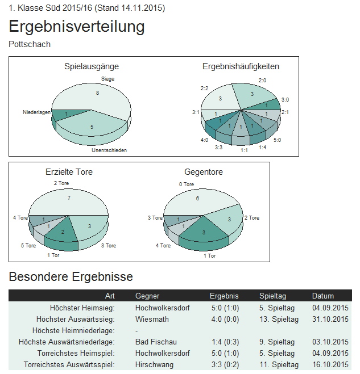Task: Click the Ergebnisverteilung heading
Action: pos(77,27)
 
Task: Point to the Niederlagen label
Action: pos(36,112)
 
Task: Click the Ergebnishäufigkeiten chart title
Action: pos(241,66)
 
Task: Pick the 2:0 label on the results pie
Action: pos(263,81)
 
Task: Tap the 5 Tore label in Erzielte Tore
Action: pos(28,246)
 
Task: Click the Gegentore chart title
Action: pos(204,171)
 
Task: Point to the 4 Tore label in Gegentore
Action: pos(163,246)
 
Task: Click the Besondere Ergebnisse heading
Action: pos(71,277)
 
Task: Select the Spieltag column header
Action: pos(273,296)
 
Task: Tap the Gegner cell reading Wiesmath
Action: pos(152,319)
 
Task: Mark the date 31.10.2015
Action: pos(330,319)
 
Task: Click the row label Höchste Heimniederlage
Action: pos(74,330)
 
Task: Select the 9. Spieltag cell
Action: pos(276,342)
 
